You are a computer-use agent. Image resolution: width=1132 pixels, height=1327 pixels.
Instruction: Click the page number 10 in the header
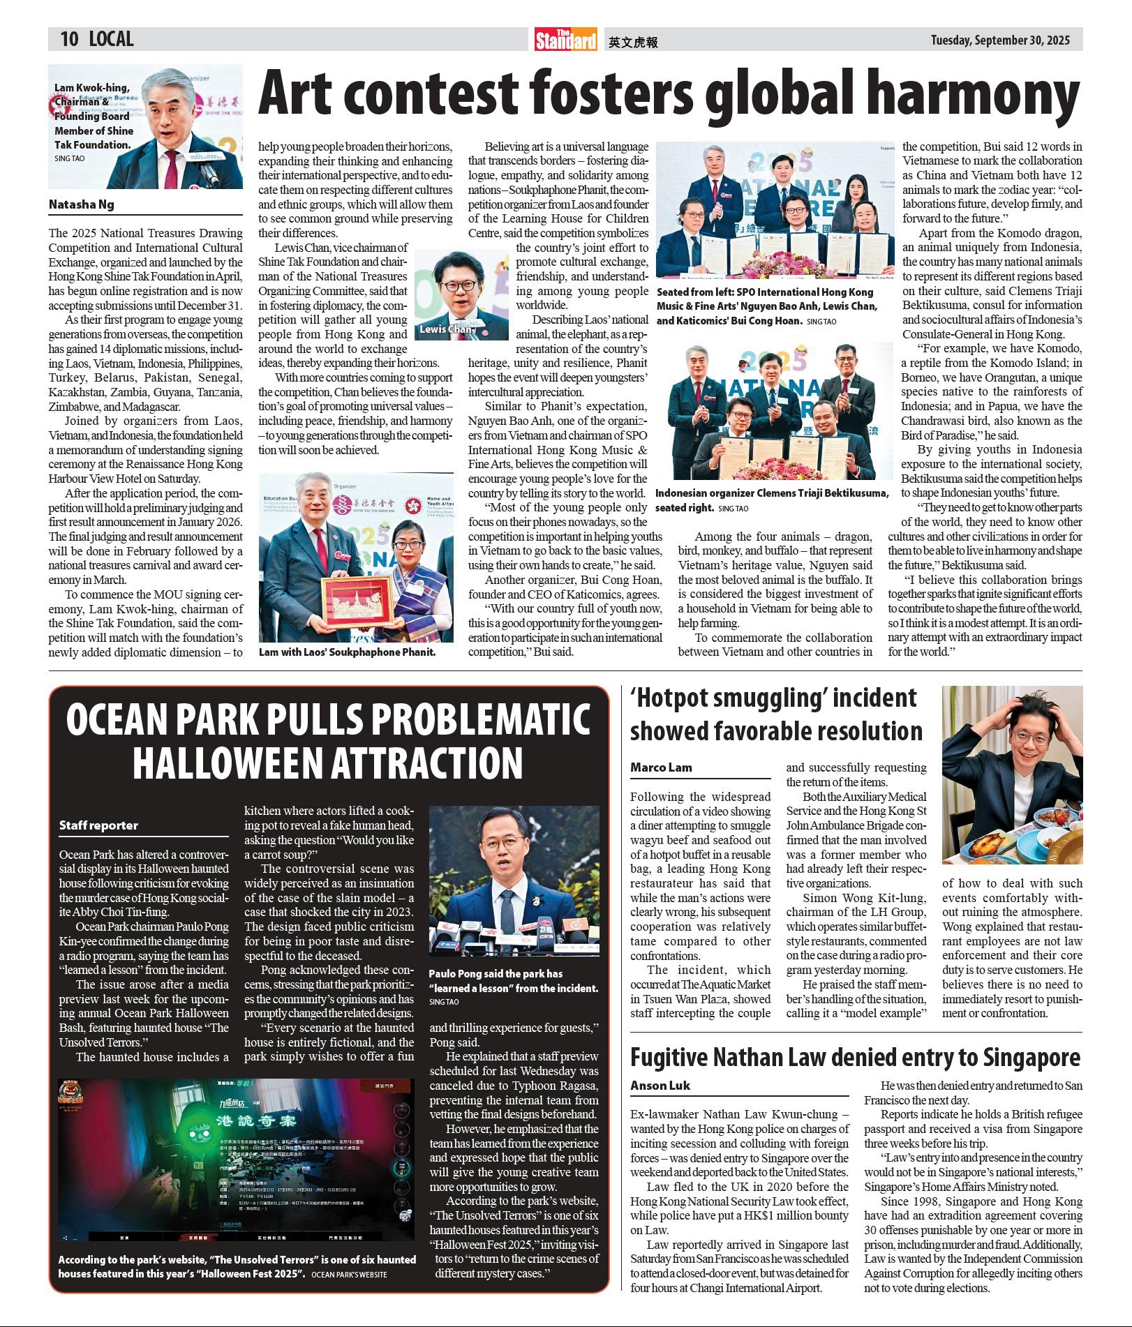(x=69, y=39)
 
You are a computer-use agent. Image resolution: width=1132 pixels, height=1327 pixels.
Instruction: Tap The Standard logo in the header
(x=566, y=40)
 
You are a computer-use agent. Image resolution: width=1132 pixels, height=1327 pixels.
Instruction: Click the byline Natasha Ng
(x=81, y=204)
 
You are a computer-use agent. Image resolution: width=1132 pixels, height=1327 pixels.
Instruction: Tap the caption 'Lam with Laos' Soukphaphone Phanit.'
(x=347, y=652)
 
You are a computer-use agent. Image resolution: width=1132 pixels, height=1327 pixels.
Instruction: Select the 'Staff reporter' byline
(x=98, y=825)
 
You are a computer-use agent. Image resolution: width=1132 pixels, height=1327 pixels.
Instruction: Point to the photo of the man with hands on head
(x=1012, y=774)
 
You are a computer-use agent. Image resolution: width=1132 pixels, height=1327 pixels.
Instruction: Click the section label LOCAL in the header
(x=111, y=39)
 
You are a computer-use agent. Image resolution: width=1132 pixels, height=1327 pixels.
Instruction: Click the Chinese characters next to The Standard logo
(x=633, y=42)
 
